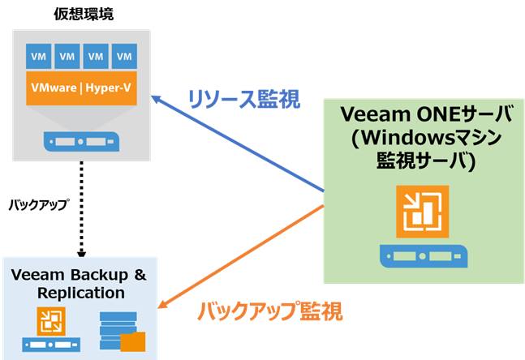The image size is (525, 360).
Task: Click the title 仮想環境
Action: coord(84,14)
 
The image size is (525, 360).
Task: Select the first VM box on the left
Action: coord(38,56)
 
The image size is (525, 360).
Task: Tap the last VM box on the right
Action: coord(124,56)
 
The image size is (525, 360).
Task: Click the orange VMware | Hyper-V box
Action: coord(81,88)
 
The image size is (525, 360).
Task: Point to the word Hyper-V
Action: coord(108,88)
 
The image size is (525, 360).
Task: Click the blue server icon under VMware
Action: coord(81,142)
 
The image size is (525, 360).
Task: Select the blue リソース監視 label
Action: coord(244,100)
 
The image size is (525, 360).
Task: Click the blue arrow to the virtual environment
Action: coord(238,144)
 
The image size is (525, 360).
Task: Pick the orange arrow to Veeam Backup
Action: coord(241,256)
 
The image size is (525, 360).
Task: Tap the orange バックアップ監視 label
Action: coord(270,311)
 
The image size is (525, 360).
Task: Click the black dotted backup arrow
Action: coord(82,209)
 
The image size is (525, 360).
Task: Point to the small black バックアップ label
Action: coord(39,205)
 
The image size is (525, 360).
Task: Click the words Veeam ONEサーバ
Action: coord(426,114)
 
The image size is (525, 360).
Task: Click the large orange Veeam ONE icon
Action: coord(423,212)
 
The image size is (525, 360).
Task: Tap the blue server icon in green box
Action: coord(424,256)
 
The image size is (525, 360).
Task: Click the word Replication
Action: coord(81,293)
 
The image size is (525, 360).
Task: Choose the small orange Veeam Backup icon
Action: coord(51,321)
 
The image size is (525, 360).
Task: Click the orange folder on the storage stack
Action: coord(133,341)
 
